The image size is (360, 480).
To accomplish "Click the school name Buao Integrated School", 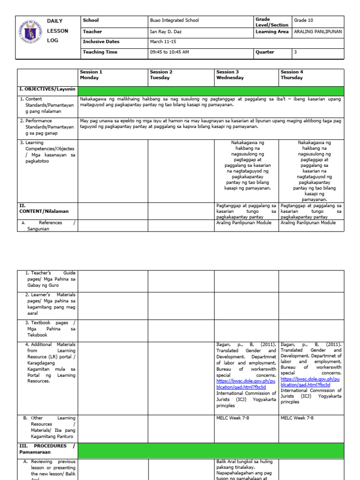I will (x=174, y=21).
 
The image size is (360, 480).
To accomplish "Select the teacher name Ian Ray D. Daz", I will (x=166, y=31).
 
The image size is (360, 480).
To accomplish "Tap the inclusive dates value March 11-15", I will (x=162, y=42).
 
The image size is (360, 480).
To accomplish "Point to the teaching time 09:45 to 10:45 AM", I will (x=169, y=52).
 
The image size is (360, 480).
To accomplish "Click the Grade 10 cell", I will (x=303, y=21).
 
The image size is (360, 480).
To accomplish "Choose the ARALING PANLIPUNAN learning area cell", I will (x=318, y=31).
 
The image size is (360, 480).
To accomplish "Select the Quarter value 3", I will (x=295, y=52).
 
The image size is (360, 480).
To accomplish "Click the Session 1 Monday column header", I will (x=91, y=75).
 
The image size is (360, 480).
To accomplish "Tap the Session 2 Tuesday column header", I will (x=161, y=75).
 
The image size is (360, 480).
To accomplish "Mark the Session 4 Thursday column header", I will (x=292, y=75).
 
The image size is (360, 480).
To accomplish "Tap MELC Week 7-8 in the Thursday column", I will (x=297, y=418).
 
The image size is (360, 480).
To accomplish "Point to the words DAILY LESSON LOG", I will (x=57, y=31).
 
